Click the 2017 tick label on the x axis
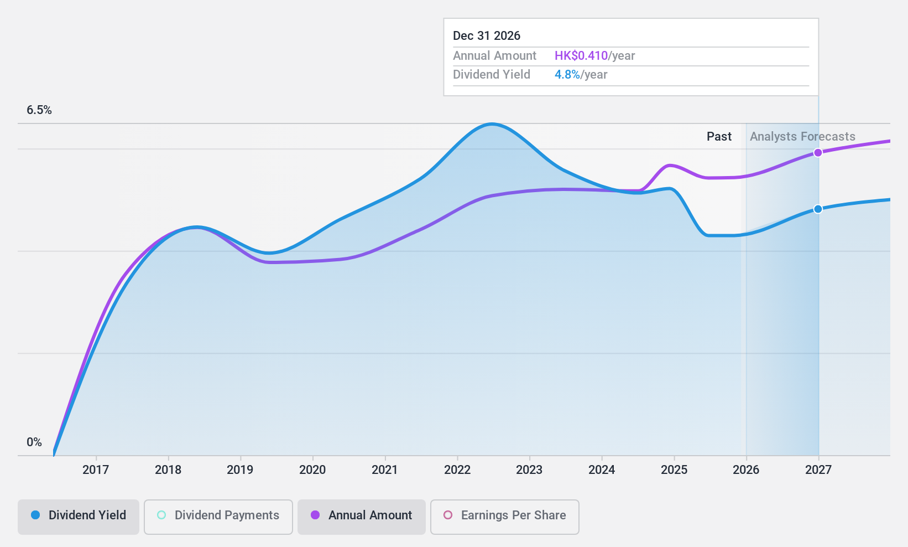96,469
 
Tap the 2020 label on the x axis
312,469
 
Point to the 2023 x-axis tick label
529,469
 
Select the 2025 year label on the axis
674,469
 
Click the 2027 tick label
818,469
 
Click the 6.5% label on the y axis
39,110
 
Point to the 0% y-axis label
34,442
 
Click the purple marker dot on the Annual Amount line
818,153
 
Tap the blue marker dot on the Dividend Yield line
818,209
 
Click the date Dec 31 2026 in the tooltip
487,36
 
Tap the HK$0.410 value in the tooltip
581,56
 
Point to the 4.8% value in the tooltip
567,75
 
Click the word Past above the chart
719,137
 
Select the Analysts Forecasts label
802,137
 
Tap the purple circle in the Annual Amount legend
315,515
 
